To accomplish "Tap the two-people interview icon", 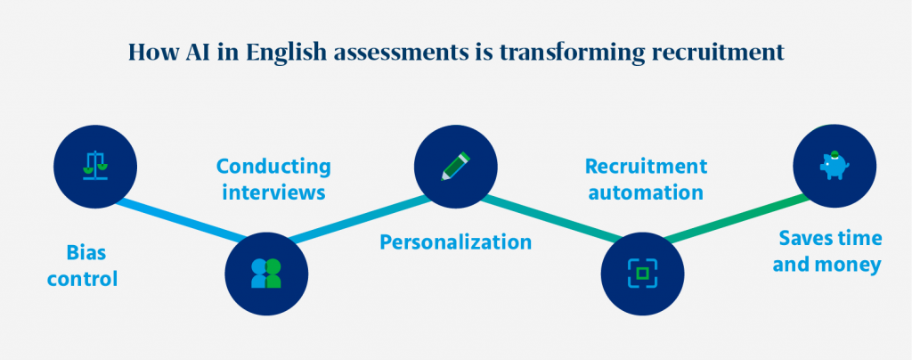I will pyautogui.click(x=266, y=274).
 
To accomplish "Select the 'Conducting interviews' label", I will pyautogui.click(x=273, y=179).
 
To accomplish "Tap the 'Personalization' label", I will pyautogui.click(x=456, y=242).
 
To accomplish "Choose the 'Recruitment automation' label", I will pyautogui.click(x=645, y=179).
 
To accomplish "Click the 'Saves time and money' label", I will pyautogui.click(x=828, y=251).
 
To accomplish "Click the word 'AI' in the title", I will pyautogui.click(x=191, y=52).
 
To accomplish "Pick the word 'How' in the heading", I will pyautogui.click(x=149, y=52).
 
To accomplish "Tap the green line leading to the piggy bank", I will pyautogui.click(x=738, y=219).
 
